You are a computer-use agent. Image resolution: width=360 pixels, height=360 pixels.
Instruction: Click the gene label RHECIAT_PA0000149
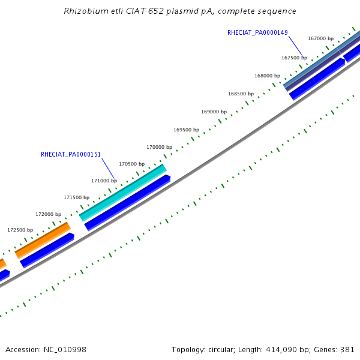point(257,32)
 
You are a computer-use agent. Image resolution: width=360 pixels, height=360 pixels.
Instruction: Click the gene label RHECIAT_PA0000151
point(71,154)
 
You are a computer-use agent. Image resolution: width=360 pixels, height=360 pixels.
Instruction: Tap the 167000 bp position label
point(320,38)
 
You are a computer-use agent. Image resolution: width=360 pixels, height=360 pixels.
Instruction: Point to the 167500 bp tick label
point(295,58)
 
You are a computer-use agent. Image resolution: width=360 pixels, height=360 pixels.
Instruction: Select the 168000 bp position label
point(267,76)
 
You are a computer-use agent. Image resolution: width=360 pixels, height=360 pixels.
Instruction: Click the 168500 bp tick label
point(241,94)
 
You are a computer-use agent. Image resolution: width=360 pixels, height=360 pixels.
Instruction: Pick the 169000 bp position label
point(214,112)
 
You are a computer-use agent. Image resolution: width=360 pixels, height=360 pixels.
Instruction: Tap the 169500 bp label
point(186,130)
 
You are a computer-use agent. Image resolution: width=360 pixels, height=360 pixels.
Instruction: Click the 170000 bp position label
point(160,147)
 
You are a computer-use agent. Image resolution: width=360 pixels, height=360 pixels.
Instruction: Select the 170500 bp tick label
point(132,164)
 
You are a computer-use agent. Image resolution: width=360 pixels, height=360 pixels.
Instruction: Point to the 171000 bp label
point(104,181)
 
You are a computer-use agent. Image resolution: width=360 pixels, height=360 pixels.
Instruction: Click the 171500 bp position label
point(76,197)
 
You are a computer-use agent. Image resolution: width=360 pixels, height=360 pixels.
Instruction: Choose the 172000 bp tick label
point(49,214)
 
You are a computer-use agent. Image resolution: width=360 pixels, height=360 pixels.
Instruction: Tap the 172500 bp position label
point(20,230)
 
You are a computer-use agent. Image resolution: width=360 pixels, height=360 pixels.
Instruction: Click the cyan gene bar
point(123,193)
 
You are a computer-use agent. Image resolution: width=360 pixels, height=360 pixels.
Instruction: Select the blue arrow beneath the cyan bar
point(127,203)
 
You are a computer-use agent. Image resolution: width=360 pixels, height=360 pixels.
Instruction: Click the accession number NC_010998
point(65,350)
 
